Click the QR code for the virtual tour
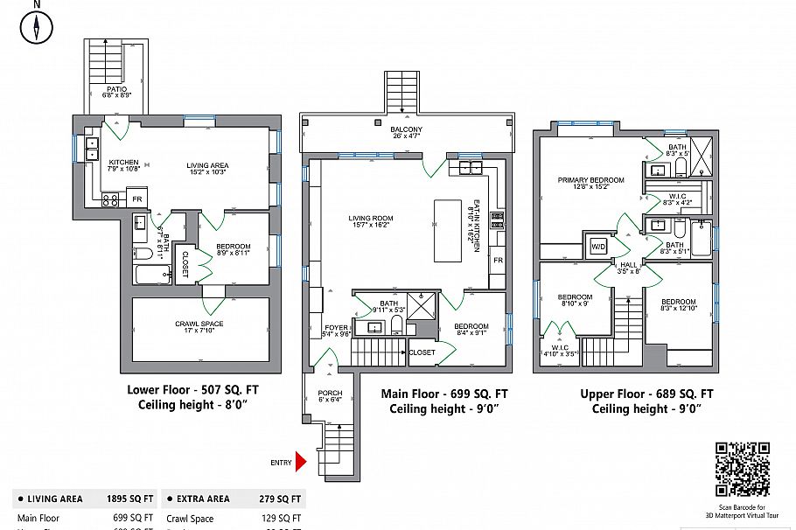pos(743,469)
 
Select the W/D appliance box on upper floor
pos(599,246)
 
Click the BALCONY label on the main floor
pos(406,130)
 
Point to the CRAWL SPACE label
pos(199,324)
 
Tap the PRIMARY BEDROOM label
pos(591,180)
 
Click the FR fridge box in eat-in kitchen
pos(497,261)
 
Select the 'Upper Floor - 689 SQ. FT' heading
pos(646,394)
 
